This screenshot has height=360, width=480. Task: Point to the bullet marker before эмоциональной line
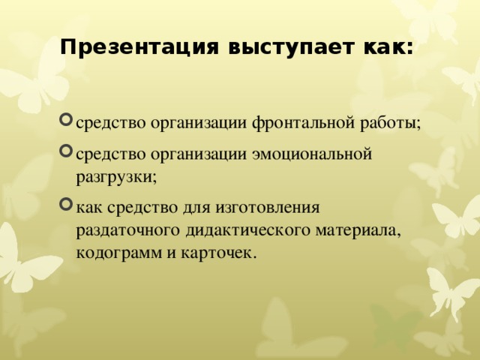pyautogui.click(x=67, y=155)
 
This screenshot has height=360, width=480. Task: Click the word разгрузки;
pyautogui.click(x=115, y=178)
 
